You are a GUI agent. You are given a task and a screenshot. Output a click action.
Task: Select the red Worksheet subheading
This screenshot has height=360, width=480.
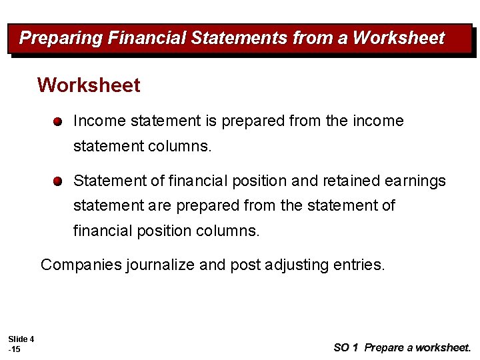click(89, 85)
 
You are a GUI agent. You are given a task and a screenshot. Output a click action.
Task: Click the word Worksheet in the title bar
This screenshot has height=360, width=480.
click(398, 38)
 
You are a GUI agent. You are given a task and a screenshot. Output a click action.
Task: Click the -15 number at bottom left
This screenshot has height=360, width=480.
click(14, 349)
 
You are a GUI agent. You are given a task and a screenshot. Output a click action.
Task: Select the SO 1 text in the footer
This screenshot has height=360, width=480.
click(345, 347)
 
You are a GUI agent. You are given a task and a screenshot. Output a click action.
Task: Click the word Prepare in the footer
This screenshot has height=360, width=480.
click(383, 347)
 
